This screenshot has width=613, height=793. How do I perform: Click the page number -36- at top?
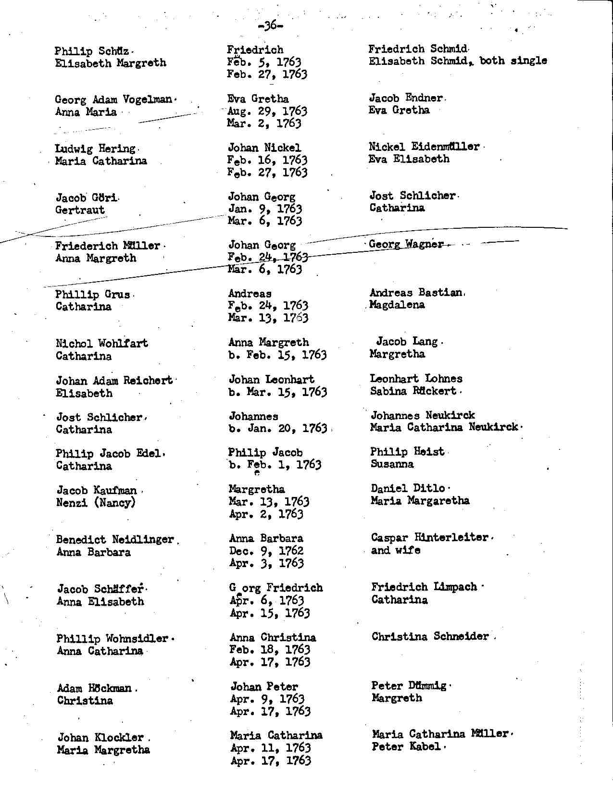click(x=270, y=25)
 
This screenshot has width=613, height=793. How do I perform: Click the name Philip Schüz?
click(x=92, y=51)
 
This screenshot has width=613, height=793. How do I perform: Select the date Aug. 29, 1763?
click(x=267, y=112)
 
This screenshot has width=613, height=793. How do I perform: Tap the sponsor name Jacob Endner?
click(x=406, y=98)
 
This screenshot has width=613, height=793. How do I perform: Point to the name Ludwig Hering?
click(x=95, y=149)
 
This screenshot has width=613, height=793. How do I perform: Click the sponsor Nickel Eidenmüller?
click(x=424, y=147)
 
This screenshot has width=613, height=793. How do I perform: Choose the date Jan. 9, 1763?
click(x=265, y=209)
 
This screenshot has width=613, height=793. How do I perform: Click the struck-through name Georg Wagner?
click(x=406, y=244)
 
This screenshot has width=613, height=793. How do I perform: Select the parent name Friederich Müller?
click(x=108, y=246)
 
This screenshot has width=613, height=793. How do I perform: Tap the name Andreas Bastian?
click(x=416, y=293)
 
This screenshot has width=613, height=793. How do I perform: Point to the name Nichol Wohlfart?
click(x=102, y=344)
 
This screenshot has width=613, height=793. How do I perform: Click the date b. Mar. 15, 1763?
click(x=278, y=392)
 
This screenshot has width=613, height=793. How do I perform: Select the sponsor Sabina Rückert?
click(x=413, y=391)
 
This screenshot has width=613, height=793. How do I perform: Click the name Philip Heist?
click(x=407, y=452)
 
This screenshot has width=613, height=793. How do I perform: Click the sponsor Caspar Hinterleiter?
click(x=430, y=538)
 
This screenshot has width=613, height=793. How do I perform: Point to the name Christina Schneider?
click(x=430, y=637)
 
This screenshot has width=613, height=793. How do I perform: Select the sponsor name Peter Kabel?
click(x=406, y=747)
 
